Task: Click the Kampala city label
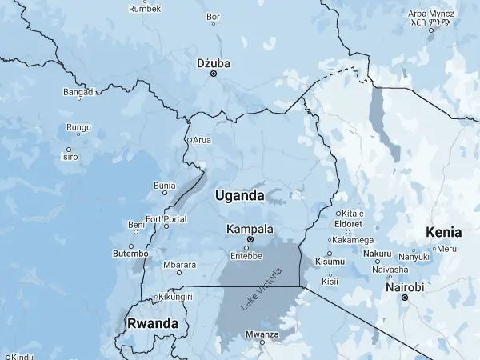click(250, 229)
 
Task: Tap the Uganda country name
click(239, 195)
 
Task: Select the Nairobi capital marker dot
click(405, 298)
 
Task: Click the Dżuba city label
click(213, 62)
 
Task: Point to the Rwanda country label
click(152, 323)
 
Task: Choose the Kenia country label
click(444, 232)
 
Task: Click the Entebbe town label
click(246, 256)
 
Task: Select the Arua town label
click(202, 140)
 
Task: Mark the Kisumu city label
click(330, 262)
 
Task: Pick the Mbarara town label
click(179, 265)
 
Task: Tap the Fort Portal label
click(166, 219)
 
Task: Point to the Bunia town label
click(164, 186)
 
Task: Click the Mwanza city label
click(262, 334)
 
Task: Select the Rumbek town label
click(145, 9)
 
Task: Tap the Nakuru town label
click(378, 254)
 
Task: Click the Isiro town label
click(69, 157)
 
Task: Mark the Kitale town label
click(353, 214)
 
